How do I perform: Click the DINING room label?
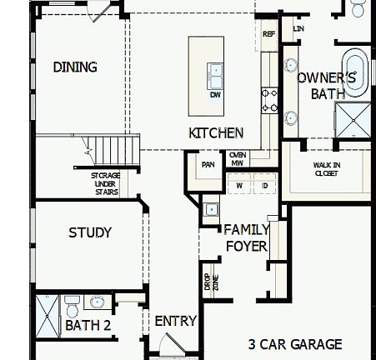coord(75,67)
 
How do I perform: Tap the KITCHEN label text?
coord(216,132)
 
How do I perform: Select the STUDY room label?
coord(90,232)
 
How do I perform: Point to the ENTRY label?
coord(176,321)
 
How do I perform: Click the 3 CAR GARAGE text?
coord(295,343)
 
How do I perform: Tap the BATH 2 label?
coord(88,325)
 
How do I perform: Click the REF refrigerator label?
coord(268,34)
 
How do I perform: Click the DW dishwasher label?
coord(215,95)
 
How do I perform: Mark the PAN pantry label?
coord(208,164)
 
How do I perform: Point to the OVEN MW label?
coord(237,158)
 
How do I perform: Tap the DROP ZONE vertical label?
coord(208,282)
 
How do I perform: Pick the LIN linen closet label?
coord(298,28)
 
